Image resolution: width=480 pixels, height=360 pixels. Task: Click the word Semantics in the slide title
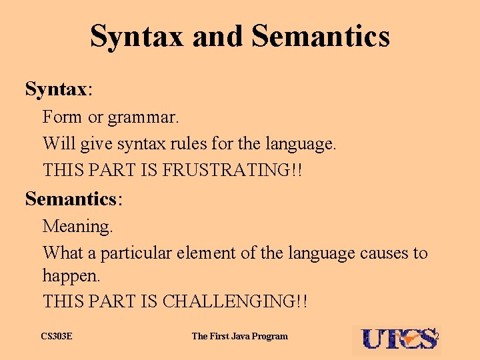[321, 36]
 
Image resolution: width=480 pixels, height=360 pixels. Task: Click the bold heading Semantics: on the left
[74, 198]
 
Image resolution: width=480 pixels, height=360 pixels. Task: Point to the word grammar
[143, 117]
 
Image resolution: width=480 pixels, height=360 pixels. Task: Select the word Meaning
[78, 226]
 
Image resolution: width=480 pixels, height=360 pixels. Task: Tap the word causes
[385, 253]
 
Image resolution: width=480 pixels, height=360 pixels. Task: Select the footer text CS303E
[57, 336]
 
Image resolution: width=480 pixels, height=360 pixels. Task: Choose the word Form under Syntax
[63, 117]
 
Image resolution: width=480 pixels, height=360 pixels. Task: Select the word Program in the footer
[270, 336]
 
